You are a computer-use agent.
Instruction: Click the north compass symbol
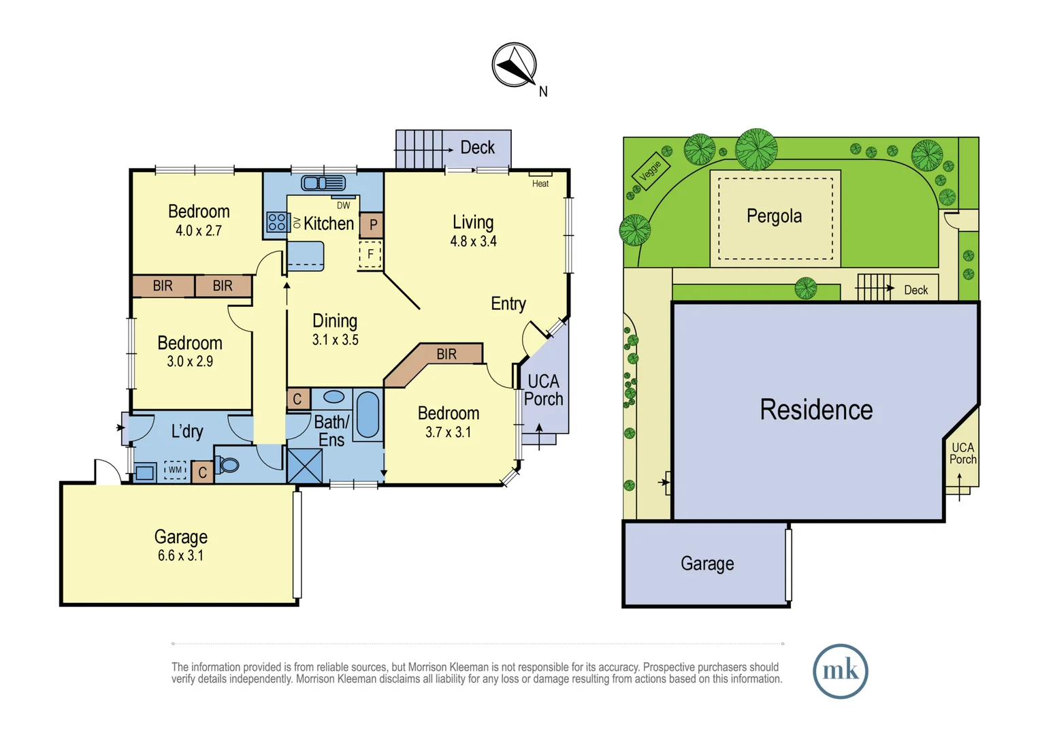[515, 65]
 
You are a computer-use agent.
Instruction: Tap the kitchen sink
[323, 183]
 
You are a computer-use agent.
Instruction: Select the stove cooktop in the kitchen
[276, 222]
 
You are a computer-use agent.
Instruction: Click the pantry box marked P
[372, 225]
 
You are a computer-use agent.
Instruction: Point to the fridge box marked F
[370, 254]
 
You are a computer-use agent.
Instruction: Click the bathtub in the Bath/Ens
[368, 414]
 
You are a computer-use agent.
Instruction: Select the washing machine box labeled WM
[175, 470]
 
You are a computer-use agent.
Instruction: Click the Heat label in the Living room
[540, 183]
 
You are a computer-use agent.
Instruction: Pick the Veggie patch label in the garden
[651, 170]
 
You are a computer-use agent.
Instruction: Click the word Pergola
[774, 216]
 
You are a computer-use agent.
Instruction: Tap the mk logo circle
[841, 671]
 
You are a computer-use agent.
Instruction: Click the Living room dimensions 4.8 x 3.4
[473, 242]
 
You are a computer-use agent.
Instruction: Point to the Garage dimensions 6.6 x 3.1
[180, 555]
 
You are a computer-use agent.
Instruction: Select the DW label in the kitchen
[343, 206]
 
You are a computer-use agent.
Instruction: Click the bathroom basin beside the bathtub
[334, 397]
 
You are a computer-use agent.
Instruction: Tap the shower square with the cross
[305, 465]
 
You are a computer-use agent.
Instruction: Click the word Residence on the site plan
[816, 410]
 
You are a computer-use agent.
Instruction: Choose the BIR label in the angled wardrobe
[446, 355]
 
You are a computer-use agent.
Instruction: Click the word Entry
[508, 304]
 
